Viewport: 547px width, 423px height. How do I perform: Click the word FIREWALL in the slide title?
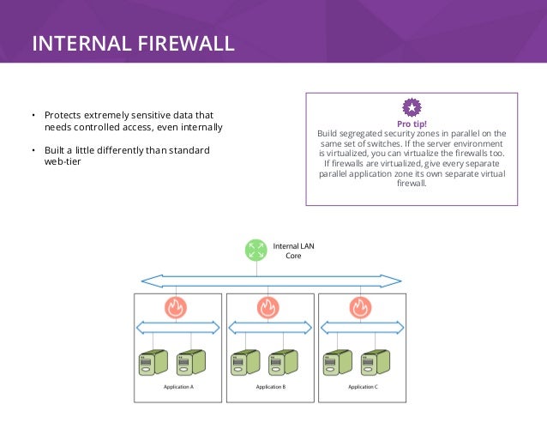click(x=182, y=44)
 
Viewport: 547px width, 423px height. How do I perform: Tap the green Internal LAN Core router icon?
click(x=255, y=250)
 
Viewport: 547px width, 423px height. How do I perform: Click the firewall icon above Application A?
click(x=177, y=306)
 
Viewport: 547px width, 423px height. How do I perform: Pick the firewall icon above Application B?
click(x=267, y=306)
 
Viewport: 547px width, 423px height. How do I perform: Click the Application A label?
click(x=178, y=387)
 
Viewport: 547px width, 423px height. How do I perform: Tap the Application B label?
click(x=270, y=387)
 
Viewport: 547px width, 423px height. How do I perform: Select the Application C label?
click(x=363, y=387)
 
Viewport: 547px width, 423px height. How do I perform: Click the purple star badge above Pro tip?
click(x=412, y=107)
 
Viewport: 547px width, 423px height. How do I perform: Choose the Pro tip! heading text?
click(x=412, y=124)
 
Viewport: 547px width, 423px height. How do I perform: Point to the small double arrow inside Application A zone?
click(x=179, y=327)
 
